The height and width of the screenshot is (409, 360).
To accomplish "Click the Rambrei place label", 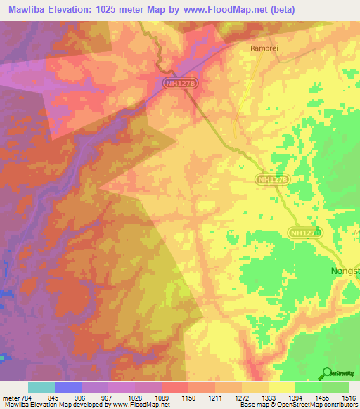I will [263, 48].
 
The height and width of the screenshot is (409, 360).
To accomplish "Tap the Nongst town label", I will [345, 271].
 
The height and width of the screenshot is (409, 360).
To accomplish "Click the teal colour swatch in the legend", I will [41, 387].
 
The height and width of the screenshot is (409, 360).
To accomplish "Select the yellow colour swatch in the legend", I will [281, 387].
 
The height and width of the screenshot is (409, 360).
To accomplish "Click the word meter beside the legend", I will [11, 398].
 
